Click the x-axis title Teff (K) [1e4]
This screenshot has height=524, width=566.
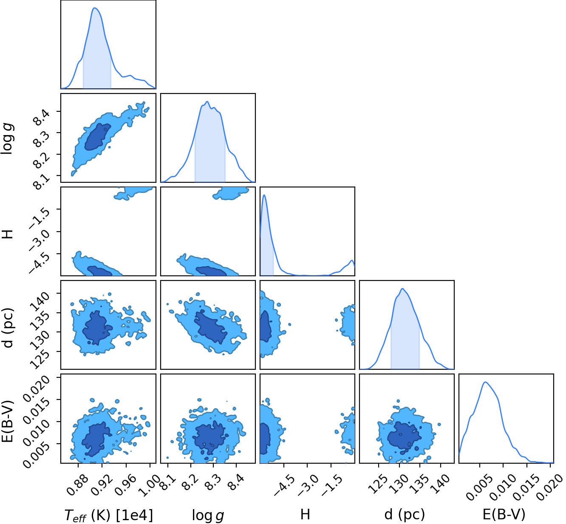pos(109,516)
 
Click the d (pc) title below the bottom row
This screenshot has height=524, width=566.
pos(405,515)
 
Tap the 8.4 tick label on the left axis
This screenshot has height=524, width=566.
pos(41,117)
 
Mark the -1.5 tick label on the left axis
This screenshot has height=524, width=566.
pos(39,217)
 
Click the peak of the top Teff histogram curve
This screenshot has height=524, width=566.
pos(94,8)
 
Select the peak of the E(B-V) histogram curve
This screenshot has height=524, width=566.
pos(485,382)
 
